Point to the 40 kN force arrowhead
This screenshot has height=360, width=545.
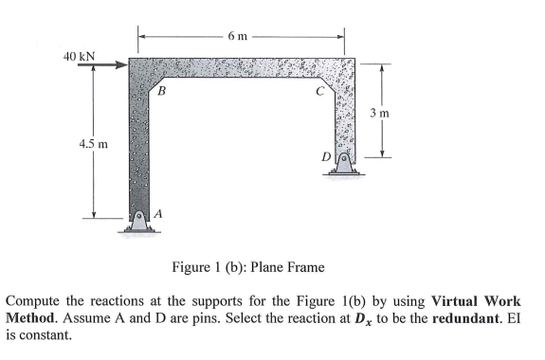point(121,66)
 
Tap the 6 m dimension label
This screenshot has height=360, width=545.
point(238,36)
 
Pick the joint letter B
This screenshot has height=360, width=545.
point(162,92)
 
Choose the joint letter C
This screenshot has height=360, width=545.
point(320,92)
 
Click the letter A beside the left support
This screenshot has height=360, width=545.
point(157,214)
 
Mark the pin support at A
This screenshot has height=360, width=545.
point(138,219)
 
